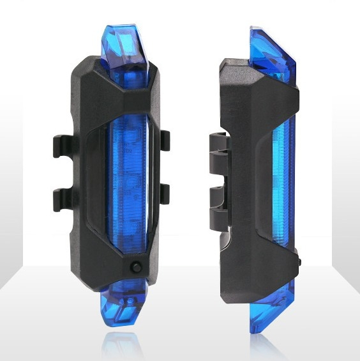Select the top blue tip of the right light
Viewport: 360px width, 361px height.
tap(272, 49)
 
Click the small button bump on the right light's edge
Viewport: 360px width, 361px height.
tap(299, 261)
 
